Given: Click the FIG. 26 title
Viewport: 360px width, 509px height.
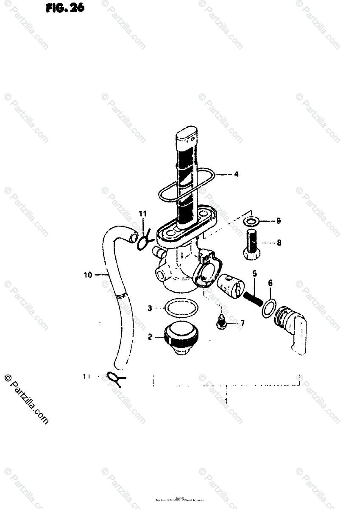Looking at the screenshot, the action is click(x=65, y=8).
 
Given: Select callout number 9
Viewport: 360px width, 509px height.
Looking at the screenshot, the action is click(x=279, y=221).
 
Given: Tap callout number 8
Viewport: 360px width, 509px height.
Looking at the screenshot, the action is click(x=279, y=243).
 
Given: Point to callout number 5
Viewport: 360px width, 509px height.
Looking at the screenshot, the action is click(x=254, y=274).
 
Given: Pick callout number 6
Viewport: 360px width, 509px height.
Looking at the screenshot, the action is click(x=271, y=283).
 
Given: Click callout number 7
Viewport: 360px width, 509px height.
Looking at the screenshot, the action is click(x=242, y=324).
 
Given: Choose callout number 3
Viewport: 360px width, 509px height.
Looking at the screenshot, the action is click(x=150, y=308).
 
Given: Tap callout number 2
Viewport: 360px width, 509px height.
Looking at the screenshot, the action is click(x=150, y=338).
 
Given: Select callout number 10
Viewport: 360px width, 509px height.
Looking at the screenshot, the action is click(x=88, y=275).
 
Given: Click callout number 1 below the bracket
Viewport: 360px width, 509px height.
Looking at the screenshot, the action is click(x=226, y=400).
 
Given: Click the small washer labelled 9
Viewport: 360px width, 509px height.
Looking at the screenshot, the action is click(x=251, y=221).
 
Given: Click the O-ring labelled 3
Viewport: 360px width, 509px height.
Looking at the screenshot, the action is click(x=181, y=309).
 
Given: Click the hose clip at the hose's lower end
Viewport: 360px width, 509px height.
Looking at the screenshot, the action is click(x=115, y=377).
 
